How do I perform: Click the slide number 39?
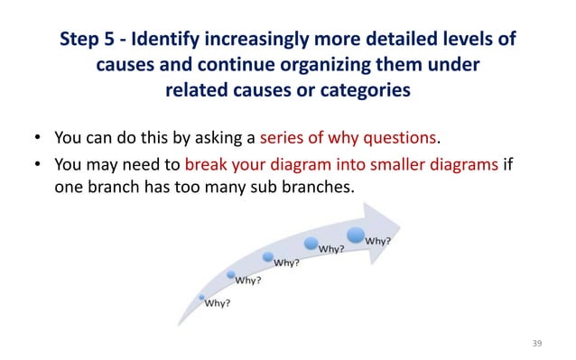(537, 343)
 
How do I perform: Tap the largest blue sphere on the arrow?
(356, 235)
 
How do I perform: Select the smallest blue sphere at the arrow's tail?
(201, 296)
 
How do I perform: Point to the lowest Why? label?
(217, 303)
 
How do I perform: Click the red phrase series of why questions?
(348, 139)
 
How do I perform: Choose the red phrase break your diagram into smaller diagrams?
(340, 164)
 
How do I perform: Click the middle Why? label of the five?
(287, 263)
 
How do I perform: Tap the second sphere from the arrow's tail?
(231, 274)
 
